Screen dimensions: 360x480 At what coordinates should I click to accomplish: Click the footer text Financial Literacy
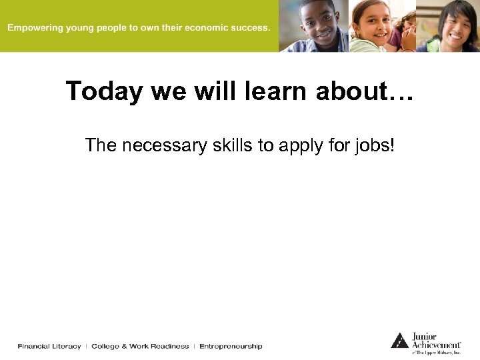(49, 346)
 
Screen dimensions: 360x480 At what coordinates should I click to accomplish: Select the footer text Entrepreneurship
(231, 346)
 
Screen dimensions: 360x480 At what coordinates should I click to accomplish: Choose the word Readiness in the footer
(169, 346)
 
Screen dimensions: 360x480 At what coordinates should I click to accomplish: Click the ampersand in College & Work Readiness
(123, 346)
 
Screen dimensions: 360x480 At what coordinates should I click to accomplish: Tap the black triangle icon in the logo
(399, 340)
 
